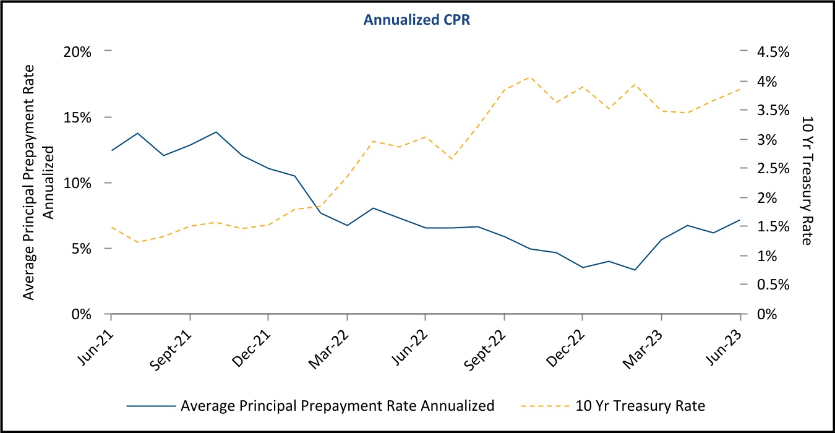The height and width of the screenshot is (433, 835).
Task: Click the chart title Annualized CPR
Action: tap(417, 20)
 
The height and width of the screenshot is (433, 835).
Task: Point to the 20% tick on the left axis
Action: tap(79, 52)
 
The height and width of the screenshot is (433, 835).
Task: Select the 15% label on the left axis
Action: tap(79, 118)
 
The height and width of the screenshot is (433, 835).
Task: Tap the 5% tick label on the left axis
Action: tap(82, 249)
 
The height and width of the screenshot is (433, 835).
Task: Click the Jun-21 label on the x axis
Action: tap(98, 340)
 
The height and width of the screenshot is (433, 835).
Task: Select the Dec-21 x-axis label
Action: tap(255, 340)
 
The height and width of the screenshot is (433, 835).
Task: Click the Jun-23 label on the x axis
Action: tap(727, 340)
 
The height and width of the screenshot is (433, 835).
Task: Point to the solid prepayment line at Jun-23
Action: tap(740, 220)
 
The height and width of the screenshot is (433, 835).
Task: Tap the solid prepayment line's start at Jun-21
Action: tap(111, 150)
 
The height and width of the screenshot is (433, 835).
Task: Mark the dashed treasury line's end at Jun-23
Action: tap(740, 89)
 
